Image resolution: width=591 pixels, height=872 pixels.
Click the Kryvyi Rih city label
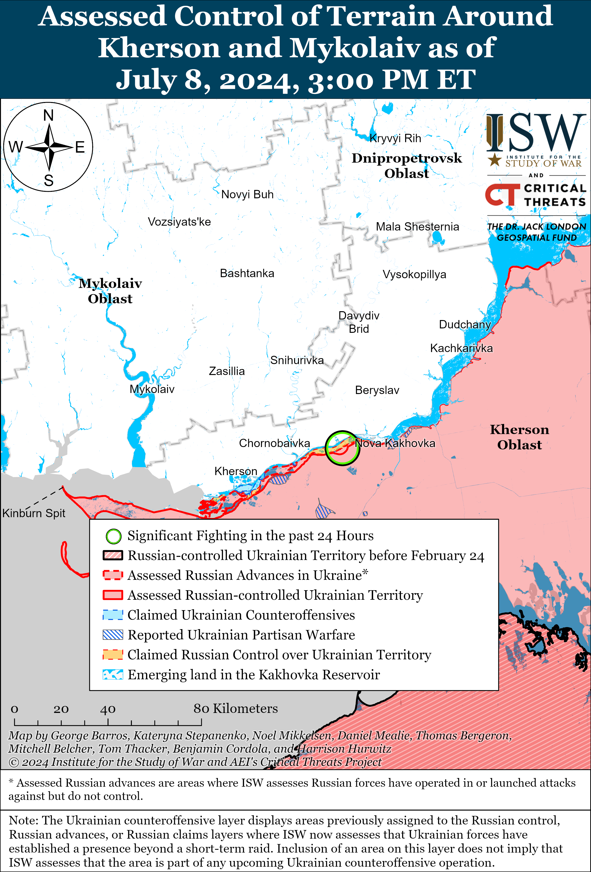coord(395,138)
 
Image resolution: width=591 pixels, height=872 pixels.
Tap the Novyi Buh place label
coord(247,194)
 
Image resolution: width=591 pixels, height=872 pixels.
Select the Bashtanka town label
coord(247,273)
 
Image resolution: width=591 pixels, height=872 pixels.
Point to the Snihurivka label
coord(297,360)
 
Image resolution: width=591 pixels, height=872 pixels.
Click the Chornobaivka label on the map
coord(274,443)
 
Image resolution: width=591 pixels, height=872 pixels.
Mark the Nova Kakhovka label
coord(395,443)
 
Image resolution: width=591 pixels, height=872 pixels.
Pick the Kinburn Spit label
coord(34,513)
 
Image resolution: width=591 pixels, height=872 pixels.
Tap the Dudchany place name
coord(465,324)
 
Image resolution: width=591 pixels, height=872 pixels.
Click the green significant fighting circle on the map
coord(342,448)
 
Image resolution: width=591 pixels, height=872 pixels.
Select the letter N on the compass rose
coord(48,115)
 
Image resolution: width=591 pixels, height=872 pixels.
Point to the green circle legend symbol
coord(113,536)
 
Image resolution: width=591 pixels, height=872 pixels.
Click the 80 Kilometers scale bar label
coord(235,708)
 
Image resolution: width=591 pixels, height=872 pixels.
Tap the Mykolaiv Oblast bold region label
coord(110,291)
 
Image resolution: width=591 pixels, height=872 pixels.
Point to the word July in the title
coord(146,80)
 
